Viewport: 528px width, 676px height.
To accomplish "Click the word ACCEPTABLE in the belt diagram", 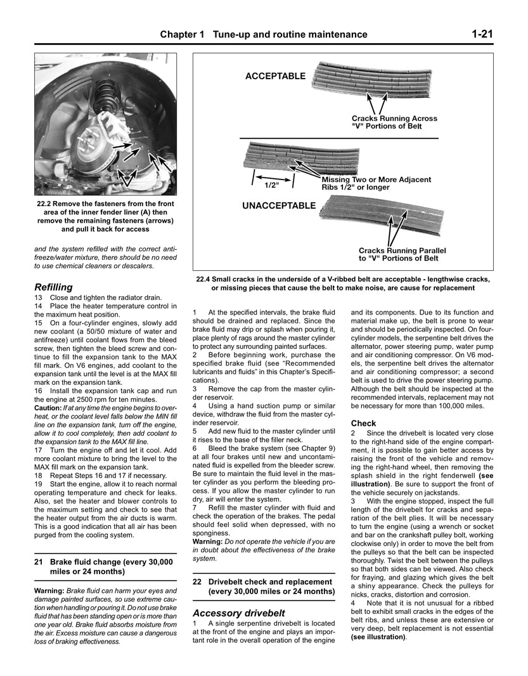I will (275, 77).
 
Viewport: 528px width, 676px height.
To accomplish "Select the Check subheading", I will (363, 423).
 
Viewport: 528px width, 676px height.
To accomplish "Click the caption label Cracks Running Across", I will (394, 119).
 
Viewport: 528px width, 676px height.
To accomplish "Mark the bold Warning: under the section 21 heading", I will (49, 590).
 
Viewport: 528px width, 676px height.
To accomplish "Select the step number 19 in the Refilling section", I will (39, 483).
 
